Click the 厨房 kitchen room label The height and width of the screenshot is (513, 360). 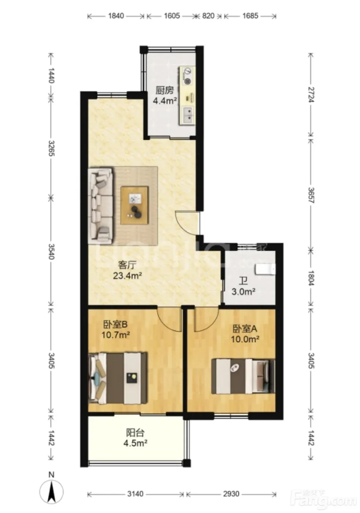pyautogui.click(x=164, y=91)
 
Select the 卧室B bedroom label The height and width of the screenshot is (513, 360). pyautogui.click(x=115, y=324)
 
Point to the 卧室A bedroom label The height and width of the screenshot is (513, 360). pyautogui.click(x=245, y=329)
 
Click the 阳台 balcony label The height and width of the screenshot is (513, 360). pyautogui.click(x=135, y=433)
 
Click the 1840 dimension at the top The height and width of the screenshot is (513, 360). pyautogui.click(x=116, y=16)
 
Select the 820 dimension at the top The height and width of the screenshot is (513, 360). pyautogui.click(x=208, y=16)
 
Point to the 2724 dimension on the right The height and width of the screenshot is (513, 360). pyautogui.click(x=311, y=95)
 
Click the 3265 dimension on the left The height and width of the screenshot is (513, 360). pyautogui.click(x=52, y=148)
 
